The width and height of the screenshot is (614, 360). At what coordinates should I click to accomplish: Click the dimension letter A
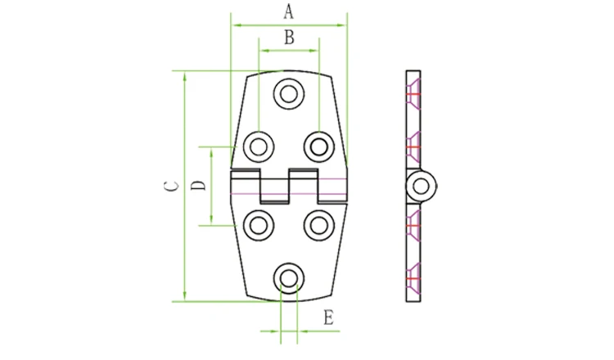pyautogui.click(x=288, y=11)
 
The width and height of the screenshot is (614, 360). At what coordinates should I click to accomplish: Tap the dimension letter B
pyautogui.click(x=289, y=38)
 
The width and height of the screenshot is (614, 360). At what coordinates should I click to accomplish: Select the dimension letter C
pyautogui.click(x=171, y=187)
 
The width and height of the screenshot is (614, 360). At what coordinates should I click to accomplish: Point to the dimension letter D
pyautogui.click(x=198, y=185)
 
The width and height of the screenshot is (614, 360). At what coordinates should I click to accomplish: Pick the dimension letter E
pyautogui.click(x=328, y=317)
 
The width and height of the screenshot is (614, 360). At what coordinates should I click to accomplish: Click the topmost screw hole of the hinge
pyautogui.click(x=289, y=94)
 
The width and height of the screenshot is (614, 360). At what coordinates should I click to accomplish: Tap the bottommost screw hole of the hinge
pyautogui.click(x=289, y=279)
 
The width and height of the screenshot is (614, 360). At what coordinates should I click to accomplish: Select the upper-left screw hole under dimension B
pyautogui.click(x=259, y=146)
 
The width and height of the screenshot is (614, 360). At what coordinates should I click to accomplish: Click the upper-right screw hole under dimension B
pyautogui.click(x=319, y=146)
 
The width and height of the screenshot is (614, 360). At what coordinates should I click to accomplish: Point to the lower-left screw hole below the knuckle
pyautogui.click(x=259, y=226)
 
